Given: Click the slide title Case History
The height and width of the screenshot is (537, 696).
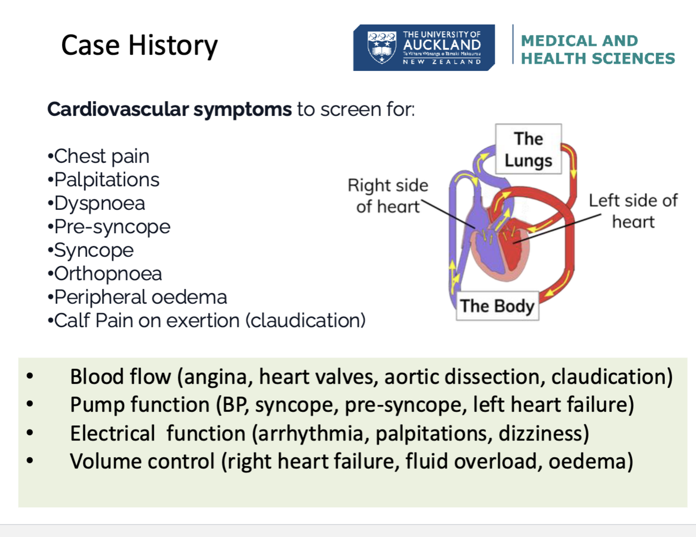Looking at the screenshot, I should pyautogui.click(x=139, y=45).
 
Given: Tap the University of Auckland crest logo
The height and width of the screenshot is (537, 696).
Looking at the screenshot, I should pyautogui.click(x=381, y=47).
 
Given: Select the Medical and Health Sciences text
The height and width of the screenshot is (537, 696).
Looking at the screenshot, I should pyautogui.click(x=597, y=50).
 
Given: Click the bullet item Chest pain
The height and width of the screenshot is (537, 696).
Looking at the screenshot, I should pyautogui.click(x=101, y=156).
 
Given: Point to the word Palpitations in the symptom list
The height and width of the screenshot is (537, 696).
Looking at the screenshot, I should pyautogui.click(x=106, y=180).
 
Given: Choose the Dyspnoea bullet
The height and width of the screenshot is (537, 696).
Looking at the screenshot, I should pyautogui.click(x=99, y=203).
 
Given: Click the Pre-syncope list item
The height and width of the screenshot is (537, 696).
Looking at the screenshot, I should pyautogui.click(x=112, y=226).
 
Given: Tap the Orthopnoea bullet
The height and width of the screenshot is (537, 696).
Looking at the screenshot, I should pyautogui.click(x=107, y=273).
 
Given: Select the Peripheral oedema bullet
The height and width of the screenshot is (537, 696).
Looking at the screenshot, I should pyautogui.click(x=140, y=297).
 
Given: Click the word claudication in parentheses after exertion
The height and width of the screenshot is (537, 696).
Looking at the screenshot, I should pyautogui.click(x=306, y=320).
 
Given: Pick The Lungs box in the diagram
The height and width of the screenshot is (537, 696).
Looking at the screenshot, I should pyautogui.click(x=528, y=149).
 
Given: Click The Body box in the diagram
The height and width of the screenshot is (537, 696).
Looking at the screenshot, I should pyautogui.click(x=497, y=306).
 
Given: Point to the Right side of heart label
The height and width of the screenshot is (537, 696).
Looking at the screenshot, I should pyautogui.click(x=388, y=196).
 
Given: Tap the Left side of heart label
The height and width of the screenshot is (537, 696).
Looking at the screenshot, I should pyautogui.click(x=633, y=211).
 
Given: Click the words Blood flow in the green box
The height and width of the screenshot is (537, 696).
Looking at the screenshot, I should pyautogui.click(x=121, y=376).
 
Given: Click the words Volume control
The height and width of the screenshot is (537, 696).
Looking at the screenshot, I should pyautogui.click(x=142, y=461).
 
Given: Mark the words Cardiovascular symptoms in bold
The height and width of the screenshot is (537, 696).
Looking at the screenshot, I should pyautogui.click(x=169, y=110).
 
